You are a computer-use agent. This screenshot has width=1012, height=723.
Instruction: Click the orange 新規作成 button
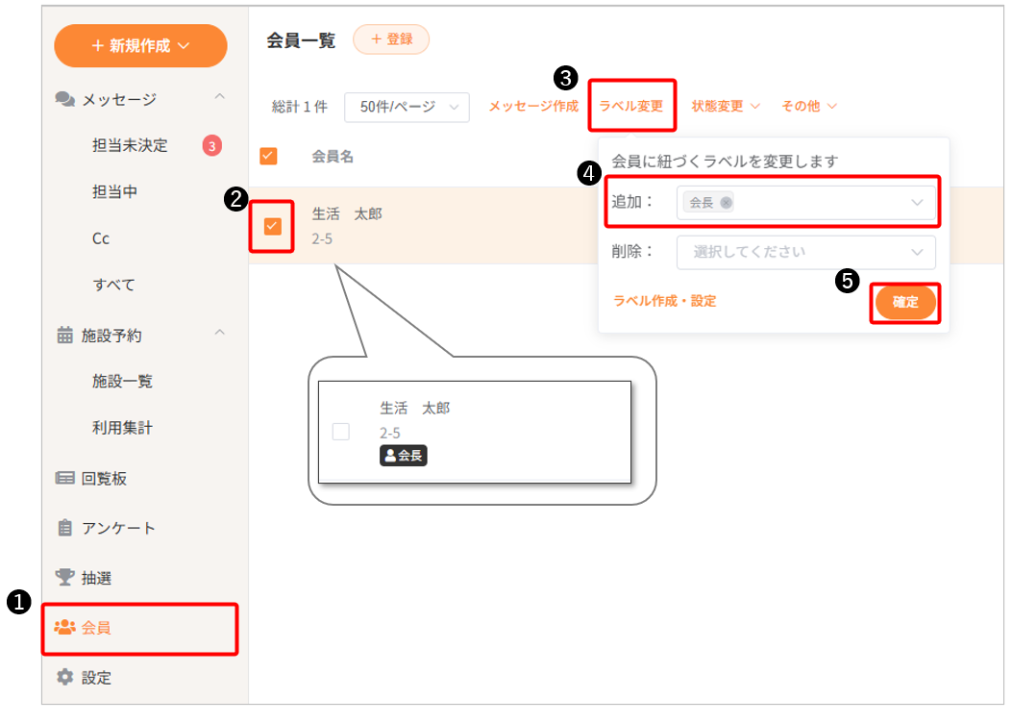tap(140, 46)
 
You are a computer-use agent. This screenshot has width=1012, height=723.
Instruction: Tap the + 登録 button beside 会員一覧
tap(391, 39)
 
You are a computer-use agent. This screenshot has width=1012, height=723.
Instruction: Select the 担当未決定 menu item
tap(130, 145)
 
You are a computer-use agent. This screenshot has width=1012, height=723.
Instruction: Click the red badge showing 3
tap(211, 146)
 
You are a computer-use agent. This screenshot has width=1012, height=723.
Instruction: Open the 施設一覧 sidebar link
tap(122, 381)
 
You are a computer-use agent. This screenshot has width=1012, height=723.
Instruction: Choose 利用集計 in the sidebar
tap(122, 427)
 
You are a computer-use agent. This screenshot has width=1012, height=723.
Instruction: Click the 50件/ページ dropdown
tap(407, 107)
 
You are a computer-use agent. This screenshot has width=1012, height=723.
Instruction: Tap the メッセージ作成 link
tap(533, 106)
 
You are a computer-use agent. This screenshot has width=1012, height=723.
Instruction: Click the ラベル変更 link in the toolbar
tap(631, 106)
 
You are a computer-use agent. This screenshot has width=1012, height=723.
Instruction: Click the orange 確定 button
tap(905, 302)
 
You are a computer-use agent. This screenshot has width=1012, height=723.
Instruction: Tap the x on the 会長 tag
tap(727, 203)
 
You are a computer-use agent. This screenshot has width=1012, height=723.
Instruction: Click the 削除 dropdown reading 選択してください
tap(806, 252)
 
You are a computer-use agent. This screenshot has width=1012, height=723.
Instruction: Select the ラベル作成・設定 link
tap(664, 302)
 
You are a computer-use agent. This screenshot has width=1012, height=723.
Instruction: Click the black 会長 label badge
tap(404, 456)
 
